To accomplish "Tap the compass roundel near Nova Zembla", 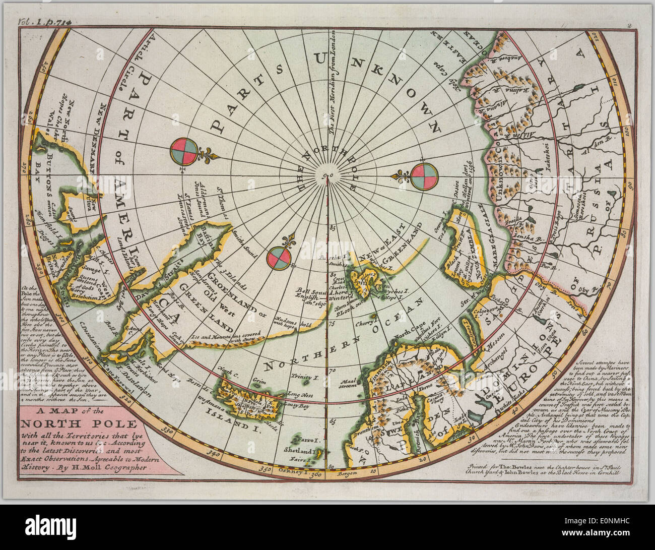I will [x=424, y=177].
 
